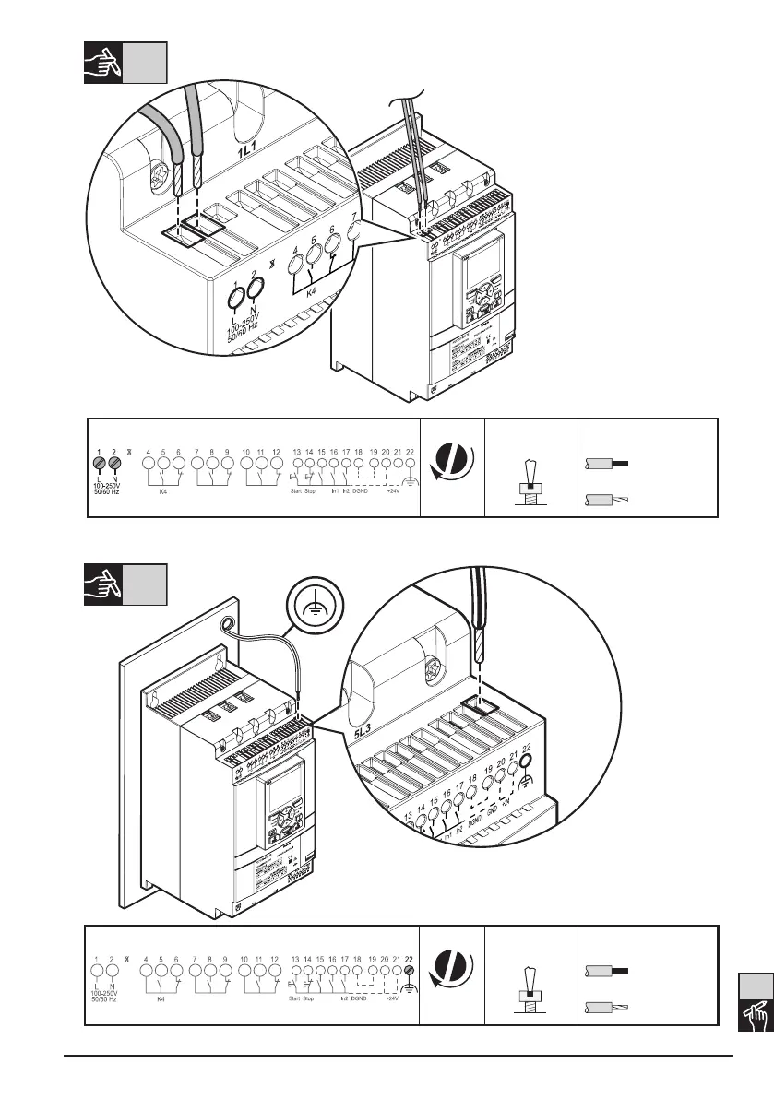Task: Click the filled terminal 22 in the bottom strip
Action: [x=409, y=969]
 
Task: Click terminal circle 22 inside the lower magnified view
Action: [x=527, y=762]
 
